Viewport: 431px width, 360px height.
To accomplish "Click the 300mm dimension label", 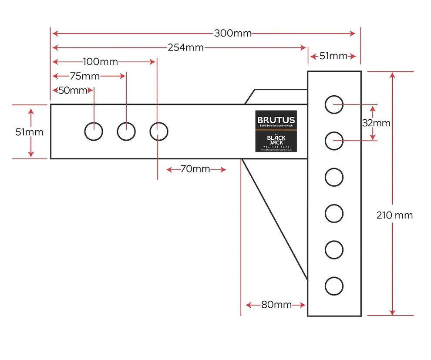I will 232,34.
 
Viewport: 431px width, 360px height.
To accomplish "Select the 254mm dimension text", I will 185,47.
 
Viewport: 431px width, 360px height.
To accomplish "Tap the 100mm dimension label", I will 100,62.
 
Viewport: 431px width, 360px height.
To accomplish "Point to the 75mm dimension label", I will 84,77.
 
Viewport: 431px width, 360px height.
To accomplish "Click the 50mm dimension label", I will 73,91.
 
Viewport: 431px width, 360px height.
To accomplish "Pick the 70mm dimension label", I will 195,169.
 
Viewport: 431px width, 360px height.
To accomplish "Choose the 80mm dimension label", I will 276,305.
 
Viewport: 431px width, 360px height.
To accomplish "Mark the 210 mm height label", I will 394,215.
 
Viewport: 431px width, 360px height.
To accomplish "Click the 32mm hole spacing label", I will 376,123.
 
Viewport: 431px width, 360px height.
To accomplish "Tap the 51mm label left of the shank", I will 29,132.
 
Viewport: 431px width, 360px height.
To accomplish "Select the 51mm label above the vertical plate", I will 333,56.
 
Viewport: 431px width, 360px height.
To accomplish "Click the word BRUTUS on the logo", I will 276,120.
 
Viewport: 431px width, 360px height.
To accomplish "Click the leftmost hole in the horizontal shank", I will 93,131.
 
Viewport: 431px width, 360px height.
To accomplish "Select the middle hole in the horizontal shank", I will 126,131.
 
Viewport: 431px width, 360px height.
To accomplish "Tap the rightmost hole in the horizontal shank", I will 158,131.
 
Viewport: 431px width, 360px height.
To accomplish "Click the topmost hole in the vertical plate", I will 334,104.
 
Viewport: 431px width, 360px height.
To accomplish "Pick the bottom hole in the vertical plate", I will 334,286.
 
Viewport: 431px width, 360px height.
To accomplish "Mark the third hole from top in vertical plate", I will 334,177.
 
